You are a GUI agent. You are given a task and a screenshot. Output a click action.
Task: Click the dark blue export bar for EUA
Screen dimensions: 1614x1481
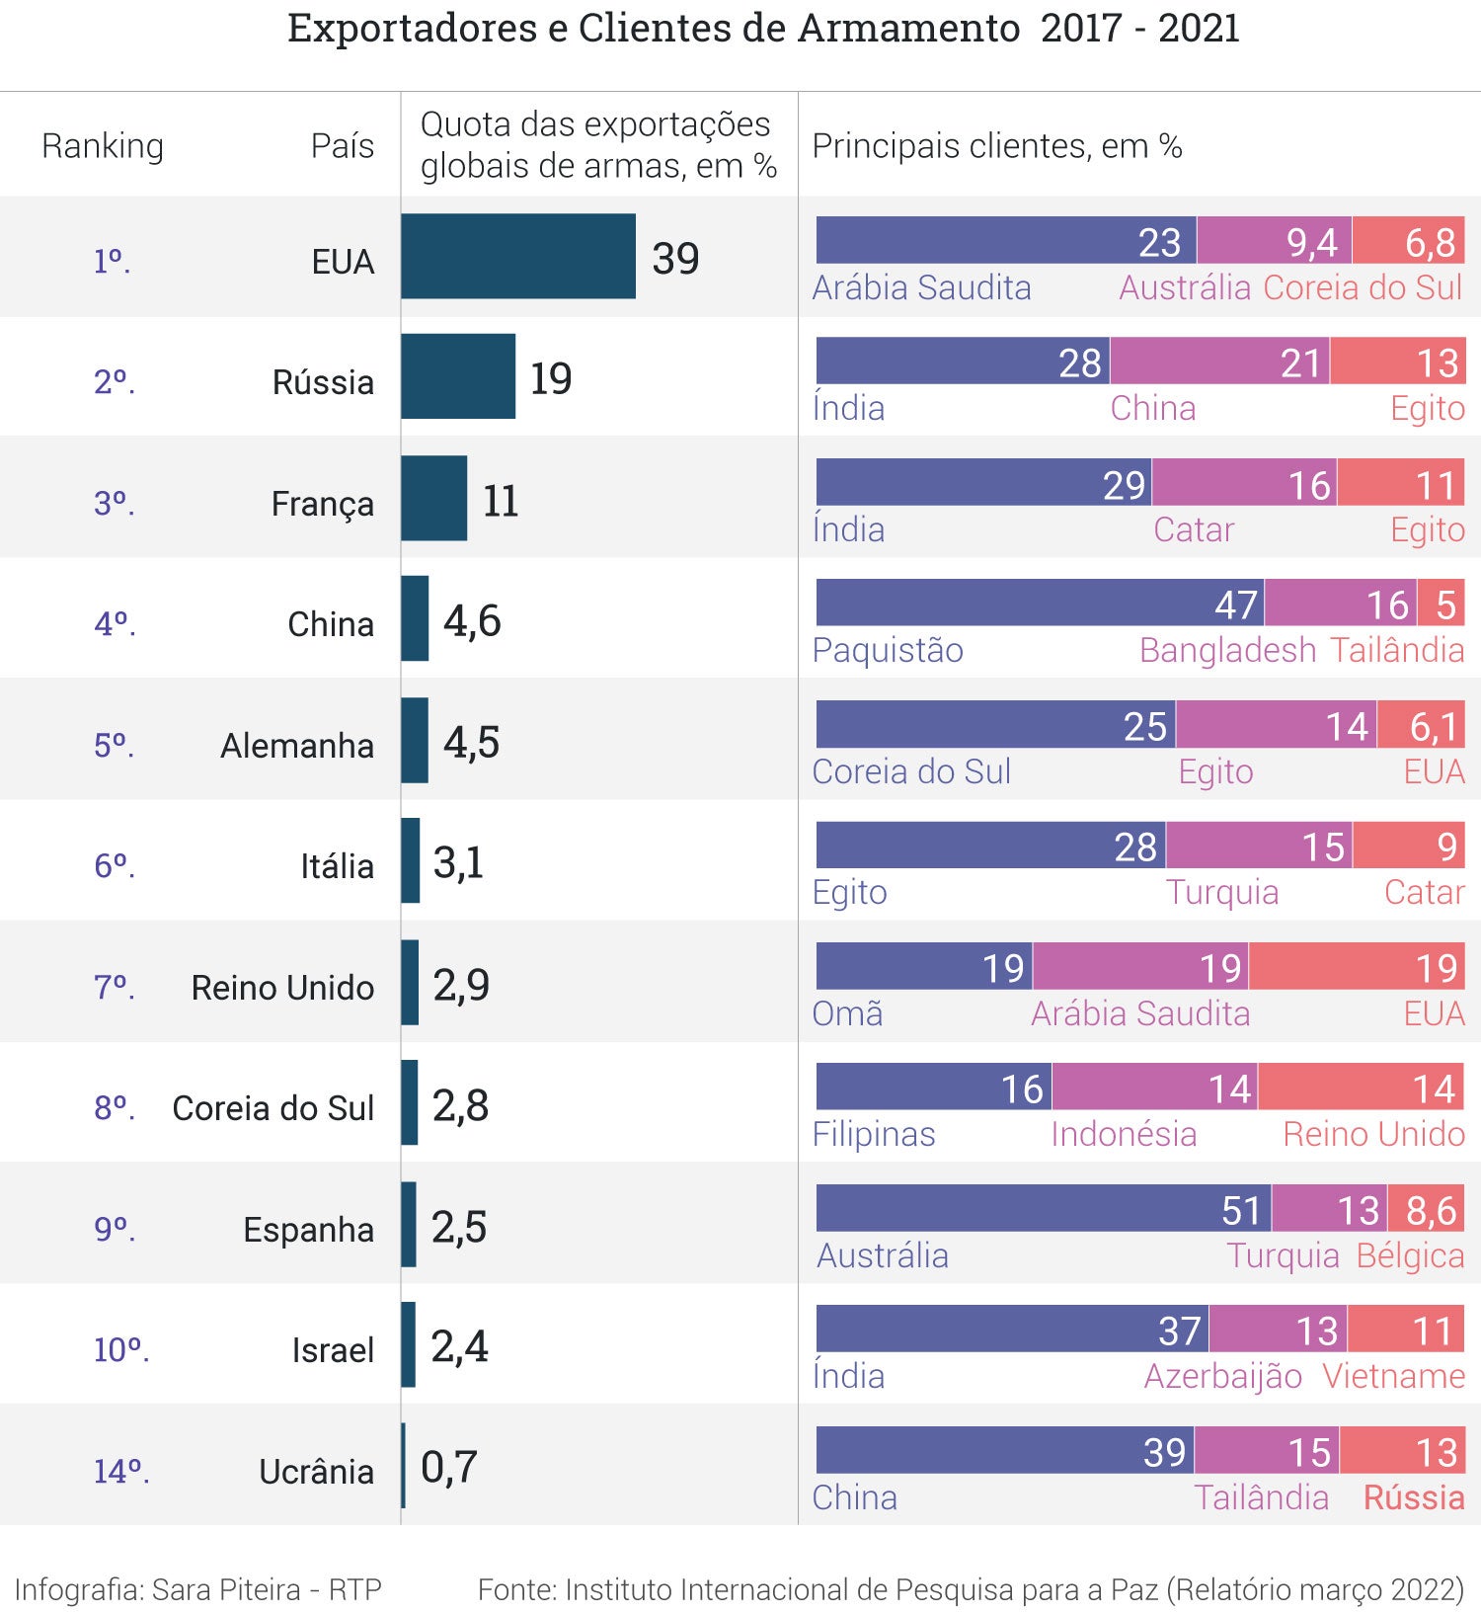(518, 256)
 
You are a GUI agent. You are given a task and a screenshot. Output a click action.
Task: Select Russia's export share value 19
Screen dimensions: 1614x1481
(551, 378)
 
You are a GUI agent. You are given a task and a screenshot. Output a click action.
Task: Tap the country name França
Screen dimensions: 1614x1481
(322, 504)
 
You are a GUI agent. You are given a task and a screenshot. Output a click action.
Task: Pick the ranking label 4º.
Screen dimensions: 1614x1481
(115, 624)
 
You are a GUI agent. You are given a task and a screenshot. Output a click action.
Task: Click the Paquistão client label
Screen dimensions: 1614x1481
(888, 650)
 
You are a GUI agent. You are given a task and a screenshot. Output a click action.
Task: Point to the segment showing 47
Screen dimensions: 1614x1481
(1040, 603)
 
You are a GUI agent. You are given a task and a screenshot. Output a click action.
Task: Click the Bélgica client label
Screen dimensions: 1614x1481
(1410, 1255)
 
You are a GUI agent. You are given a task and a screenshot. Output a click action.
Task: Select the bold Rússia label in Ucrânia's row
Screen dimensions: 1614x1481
(1414, 1497)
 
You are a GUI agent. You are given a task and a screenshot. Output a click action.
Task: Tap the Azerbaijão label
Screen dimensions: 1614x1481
(1222, 1376)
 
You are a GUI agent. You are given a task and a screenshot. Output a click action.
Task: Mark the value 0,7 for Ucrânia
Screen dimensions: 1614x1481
(449, 1467)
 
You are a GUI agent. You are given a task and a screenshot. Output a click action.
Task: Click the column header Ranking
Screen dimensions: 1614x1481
(103, 146)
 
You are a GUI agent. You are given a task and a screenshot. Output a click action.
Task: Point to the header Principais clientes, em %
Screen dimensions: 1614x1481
(996, 146)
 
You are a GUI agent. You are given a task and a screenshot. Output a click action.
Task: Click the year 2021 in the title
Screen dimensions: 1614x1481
(1199, 29)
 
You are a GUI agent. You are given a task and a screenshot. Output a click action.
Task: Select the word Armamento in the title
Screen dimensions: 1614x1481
(908, 29)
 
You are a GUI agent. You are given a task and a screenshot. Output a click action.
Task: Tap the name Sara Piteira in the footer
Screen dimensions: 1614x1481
(226, 1589)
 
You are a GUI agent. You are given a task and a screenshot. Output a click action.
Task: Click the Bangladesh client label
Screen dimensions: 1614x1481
(1227, 650)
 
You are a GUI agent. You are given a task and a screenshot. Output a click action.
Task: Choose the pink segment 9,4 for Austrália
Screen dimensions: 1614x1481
(1274, 240)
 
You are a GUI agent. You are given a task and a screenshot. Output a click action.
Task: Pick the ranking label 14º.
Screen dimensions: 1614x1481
(120, 1472)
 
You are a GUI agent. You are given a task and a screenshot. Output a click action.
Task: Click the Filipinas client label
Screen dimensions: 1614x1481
(874, 1134)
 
